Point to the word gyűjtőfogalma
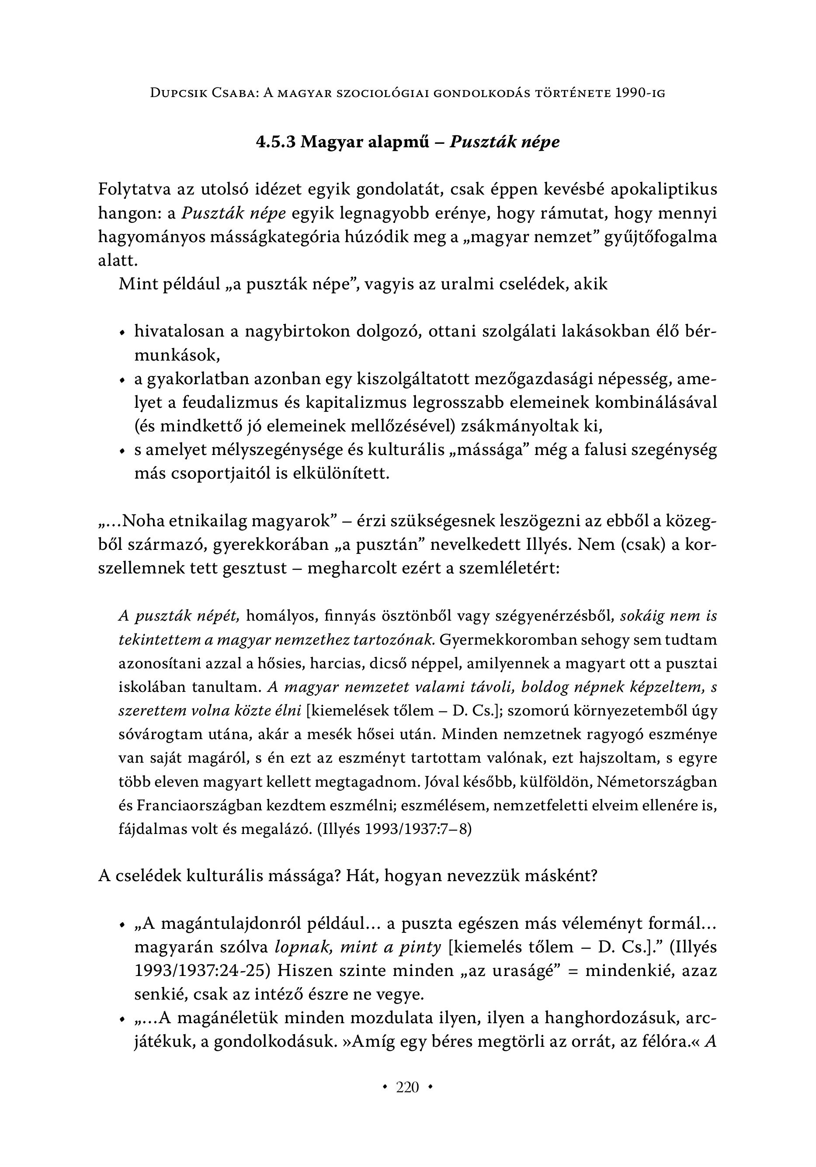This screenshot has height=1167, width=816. pyautogui.click(x=660, y=237)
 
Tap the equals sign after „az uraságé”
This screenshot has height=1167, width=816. pyautogui.click(x=573, y=971)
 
